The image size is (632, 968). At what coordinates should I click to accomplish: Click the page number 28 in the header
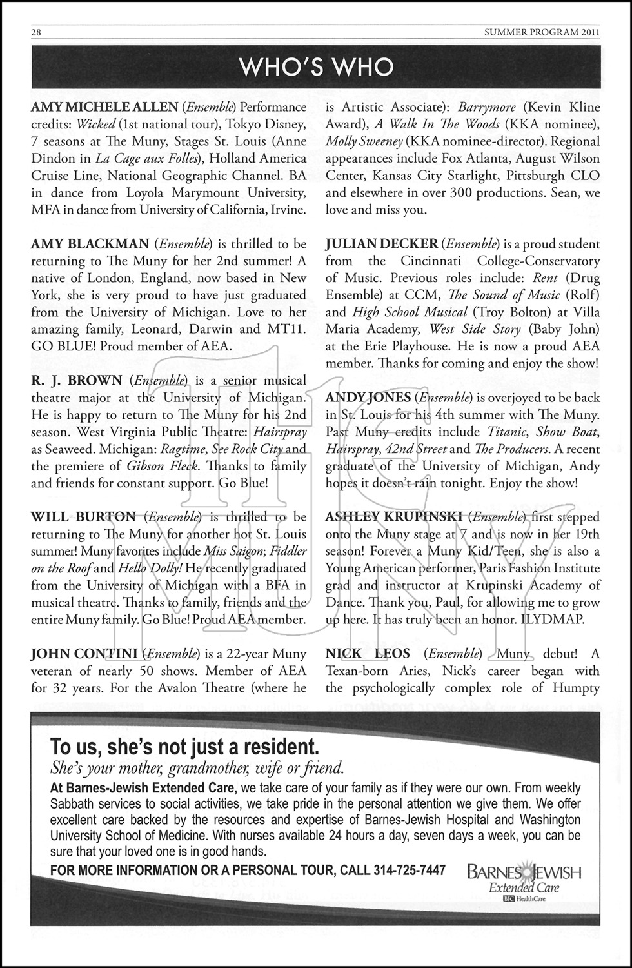click(x=36, y=33)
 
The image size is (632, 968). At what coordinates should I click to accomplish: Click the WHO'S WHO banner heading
click(x=316, y=67)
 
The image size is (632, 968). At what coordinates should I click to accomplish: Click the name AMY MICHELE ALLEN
click(x=104, y=107)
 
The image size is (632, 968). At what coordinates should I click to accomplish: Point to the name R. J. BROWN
click(x=76, y=380)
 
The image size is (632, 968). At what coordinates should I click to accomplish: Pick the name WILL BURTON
click(x=83, y=517)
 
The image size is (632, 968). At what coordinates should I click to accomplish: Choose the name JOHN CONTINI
click(x=83, y=654)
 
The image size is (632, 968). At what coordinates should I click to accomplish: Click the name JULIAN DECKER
click(x=381, y=244)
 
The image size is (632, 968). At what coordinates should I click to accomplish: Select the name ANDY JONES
click(x=368, y=398)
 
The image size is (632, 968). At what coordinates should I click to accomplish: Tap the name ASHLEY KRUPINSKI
click(x=393, y=517)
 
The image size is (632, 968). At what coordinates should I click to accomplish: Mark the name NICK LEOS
click(x=367, y=654)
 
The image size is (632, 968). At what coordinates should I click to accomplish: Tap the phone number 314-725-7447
click(x=410, y=870)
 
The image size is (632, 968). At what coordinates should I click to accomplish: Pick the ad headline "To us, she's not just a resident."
click(x=184, y=747)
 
